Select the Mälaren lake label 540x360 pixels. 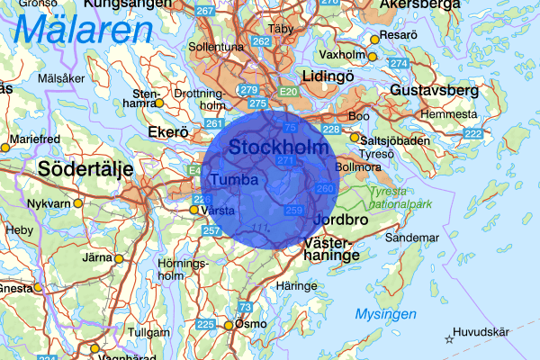[83, 32]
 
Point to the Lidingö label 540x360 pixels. [329, 76]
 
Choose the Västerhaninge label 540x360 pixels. [332, 249]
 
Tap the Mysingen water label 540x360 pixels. [385, 314]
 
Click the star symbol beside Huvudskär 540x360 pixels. [449, 339]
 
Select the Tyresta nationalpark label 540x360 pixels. [401, 197]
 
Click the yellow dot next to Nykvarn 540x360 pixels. [78, 203]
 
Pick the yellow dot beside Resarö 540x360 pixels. [375, 39]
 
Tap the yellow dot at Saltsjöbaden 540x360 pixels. [355, 139]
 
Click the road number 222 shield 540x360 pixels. [472, 133]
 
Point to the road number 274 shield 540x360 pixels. [399, 63]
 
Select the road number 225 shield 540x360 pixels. [205, 324]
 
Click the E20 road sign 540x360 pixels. [289, 93]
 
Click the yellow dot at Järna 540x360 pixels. [118, 258]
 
